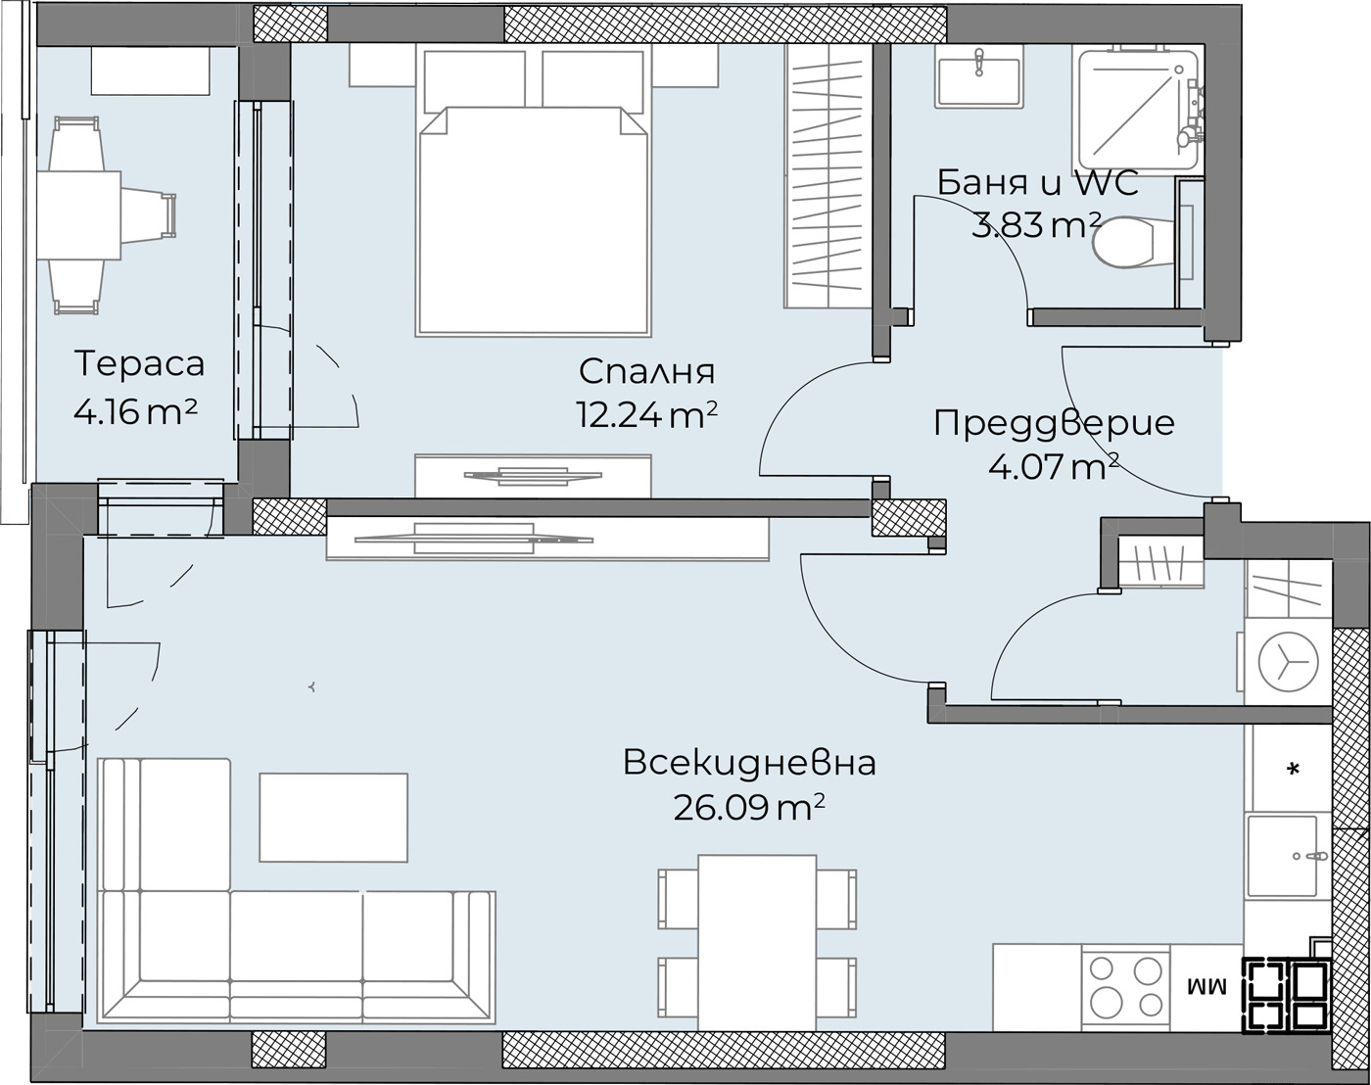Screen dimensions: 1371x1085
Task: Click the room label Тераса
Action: pos(139,364)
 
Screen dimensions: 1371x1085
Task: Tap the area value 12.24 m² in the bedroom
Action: pos(646,415)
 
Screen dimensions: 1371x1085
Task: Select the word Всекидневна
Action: pos(749,763)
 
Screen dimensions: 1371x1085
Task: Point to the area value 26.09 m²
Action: pos(749,808)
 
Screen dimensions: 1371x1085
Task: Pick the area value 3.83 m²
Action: pos(1036,225)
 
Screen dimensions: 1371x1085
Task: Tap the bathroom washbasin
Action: pos(979,75)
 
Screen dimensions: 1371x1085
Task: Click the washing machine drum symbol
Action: pos(1288,662)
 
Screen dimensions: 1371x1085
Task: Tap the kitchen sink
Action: pos(1282,856)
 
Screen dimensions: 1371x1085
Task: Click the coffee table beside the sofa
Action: pos(333,818)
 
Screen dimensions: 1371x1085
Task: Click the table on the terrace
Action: pos(79,215)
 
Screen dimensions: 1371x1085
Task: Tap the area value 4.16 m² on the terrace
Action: pos(135,412)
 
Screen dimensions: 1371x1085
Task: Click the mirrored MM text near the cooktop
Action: pos(1206,988)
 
